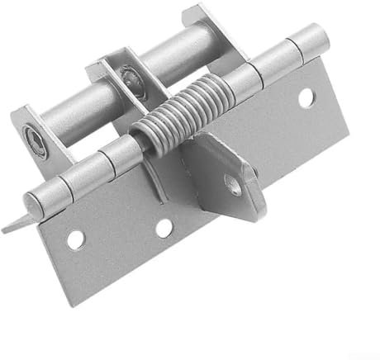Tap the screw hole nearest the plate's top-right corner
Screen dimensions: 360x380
point(306,98)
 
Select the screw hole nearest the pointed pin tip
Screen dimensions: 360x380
point(76,240)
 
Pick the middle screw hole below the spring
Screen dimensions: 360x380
point(164,226)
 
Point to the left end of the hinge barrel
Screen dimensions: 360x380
point(33,203)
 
